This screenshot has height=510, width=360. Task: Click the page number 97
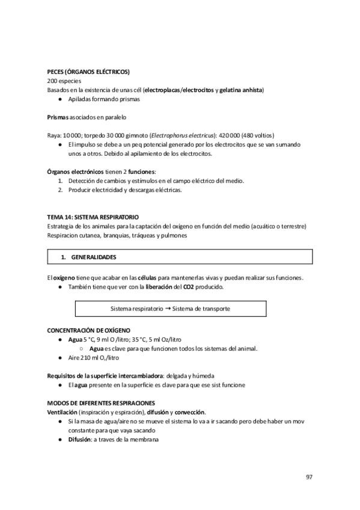(x=309, y=477)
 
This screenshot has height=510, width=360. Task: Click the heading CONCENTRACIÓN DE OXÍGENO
(x=88, y=330)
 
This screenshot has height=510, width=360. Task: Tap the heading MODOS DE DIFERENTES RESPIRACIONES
(x=101, y=402)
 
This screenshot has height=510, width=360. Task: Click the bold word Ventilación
(x=62, y=412)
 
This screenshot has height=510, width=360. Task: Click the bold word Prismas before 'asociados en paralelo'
(x=58, y=117)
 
